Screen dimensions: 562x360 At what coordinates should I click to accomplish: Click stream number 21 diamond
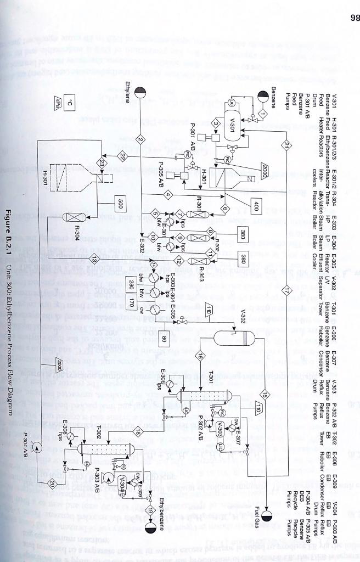(x=286, y=144)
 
